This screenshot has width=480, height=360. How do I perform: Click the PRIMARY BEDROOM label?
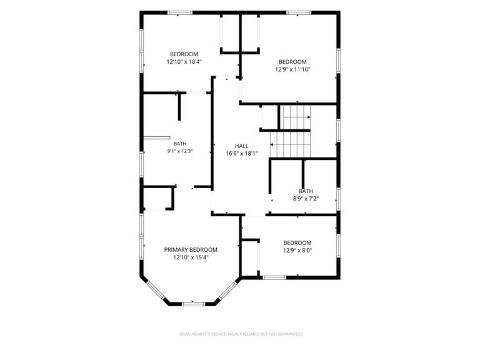[x=191, y=250]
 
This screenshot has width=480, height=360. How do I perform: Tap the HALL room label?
[x=242, y=146]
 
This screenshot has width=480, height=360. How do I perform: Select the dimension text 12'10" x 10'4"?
[x=184, y=62]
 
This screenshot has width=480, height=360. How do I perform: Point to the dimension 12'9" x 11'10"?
[x=292, y=69]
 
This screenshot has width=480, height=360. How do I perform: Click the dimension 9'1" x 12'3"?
[x=180, y=151]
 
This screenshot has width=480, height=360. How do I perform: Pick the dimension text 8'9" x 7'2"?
[x=306, y=199]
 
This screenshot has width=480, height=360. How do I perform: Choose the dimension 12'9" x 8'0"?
[x=297, y=251]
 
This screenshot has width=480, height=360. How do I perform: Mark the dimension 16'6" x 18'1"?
[x=242, y=154]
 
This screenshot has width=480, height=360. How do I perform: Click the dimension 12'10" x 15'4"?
[x=191, y=257]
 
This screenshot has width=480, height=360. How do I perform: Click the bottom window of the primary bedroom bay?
[x=193, y=304]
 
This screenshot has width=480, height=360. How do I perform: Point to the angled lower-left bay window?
[x=156, y=291]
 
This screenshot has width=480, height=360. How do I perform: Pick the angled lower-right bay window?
[x=228, y=290]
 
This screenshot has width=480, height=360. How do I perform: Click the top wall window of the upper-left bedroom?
[x=180, y=12]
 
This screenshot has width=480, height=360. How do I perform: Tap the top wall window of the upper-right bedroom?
[x=299, y=12]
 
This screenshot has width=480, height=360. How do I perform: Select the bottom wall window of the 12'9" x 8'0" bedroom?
[x=274, y=277]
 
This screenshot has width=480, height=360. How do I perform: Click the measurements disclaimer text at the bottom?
[x=242, y=334]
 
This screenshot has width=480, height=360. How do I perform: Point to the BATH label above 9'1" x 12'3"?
[x=180, y=144]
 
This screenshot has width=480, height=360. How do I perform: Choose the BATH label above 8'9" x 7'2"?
[x=306, y=191]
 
